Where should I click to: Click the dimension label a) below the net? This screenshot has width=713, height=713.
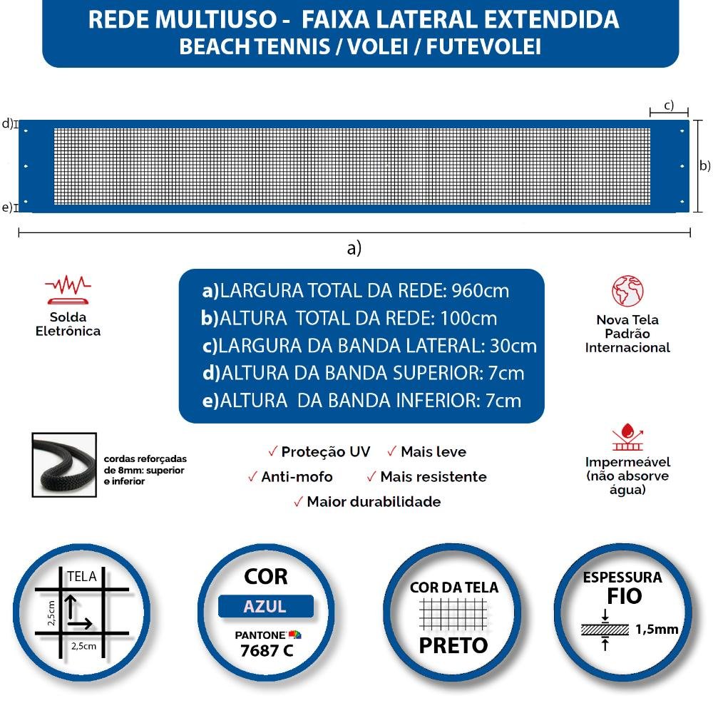[354, 248]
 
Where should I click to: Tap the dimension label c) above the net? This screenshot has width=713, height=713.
[669, 105]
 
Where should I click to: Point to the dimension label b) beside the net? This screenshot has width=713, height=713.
[704, 165]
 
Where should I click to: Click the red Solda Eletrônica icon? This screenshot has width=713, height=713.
[68, 288]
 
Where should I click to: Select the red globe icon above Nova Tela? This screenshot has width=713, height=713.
[627, 291]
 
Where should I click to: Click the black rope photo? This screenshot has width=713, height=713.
[64, 464]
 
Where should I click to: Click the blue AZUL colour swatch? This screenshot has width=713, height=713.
[265, 607]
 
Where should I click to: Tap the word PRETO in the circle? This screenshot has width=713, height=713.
[453, 645]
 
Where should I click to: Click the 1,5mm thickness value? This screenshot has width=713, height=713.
[656, 629]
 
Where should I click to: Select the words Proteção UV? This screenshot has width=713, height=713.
[325, 452]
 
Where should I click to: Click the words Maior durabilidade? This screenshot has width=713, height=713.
[374, 502]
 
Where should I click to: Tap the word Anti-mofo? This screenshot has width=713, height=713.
[297, 477]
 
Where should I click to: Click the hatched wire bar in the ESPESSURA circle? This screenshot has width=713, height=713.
[605, 630]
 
